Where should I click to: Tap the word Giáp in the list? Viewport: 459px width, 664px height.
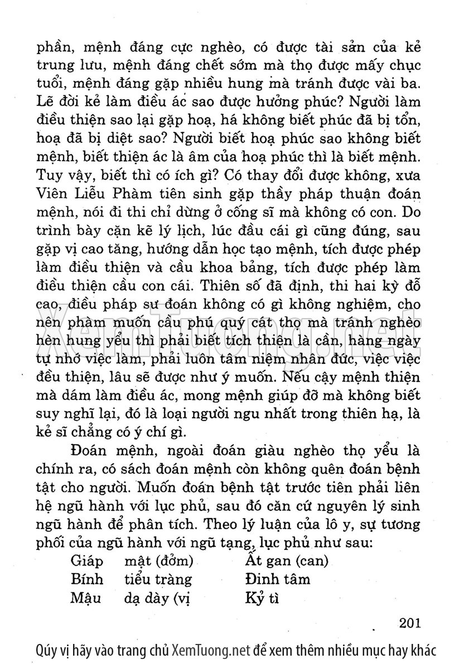pyautogui.click(x=87, y=560)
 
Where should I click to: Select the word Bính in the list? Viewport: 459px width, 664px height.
pyautogui.click(x=88, y=579)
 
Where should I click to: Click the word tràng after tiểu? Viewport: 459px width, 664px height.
pyautogui.click(x=173, y=580)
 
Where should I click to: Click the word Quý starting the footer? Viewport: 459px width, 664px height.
pyautogui.click(x=45, y=650)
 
